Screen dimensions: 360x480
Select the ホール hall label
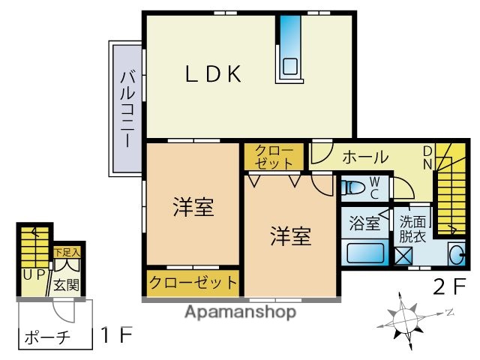(x=365, y=157)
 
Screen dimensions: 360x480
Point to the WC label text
(x=376, y=186)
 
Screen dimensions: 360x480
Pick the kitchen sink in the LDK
(x=290, y=65)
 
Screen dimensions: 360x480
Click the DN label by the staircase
(x=426, y=157)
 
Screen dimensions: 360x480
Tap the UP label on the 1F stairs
(x=33, y=274)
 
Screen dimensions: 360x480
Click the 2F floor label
(x=450, y=286)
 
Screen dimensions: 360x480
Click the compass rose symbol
(x=408, y=316)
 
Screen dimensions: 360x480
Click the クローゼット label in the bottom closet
(x=193, y=283)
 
